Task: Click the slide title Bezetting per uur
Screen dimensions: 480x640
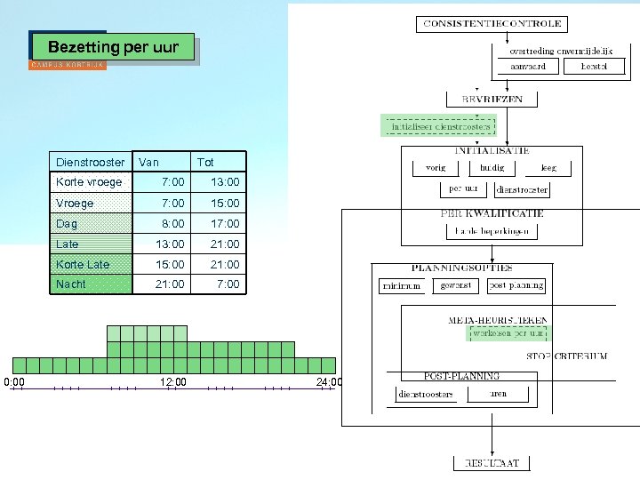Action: pyautogui.click(x=113, y=47)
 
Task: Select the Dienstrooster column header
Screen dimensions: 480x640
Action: pyautogui.click(x=90, y=162)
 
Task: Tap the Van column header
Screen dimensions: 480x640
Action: pyautogui.click(x=149, y=162)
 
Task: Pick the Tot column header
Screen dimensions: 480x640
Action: pyautogui.click(x=205, y=162)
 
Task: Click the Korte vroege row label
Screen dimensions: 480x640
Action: pyautogui.click(x=89, y=182)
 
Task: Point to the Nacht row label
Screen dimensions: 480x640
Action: pyautogui.click(x=71, y=284)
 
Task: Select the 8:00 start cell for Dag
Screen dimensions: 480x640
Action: pyautogui.click(x=172, y=223)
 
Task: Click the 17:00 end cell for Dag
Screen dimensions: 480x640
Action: pyautogui.click(x=224, y=223)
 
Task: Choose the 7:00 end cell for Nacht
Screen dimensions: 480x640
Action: pyautogui.click(x=228, y=284)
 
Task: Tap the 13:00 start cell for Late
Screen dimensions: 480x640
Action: pyautogui.click(x=169, y=244)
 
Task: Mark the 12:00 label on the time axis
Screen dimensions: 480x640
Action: pyautogui.click(x=173, y=382)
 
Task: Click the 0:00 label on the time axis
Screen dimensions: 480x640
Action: pyautogui.click(x=14, y=382)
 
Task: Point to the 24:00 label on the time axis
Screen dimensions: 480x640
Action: pyautogui.click(x=329, y=382)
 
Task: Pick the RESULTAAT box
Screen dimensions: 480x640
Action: pyautogui.click(x=492, y=463)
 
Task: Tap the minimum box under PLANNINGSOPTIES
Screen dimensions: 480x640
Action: pyautogui.click(x=401, y=286)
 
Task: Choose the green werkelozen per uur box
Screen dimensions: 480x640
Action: pyautogui.click(x=509, y=333)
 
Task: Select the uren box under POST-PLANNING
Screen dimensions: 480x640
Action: pyautogui.click(x=499, y=394)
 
